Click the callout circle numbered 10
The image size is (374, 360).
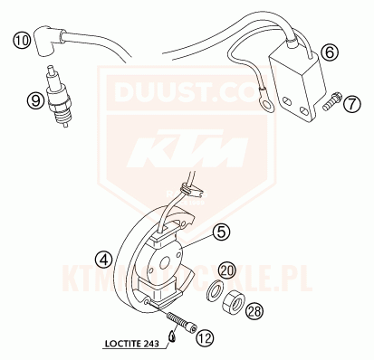coord(21,40)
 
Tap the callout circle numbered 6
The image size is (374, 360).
coord(330,52)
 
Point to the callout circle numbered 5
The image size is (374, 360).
coord(221,232)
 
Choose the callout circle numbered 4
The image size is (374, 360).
coord(105,260)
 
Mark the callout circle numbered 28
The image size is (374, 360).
coord(254,312)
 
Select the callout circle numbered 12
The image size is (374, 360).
coord(205,338)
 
